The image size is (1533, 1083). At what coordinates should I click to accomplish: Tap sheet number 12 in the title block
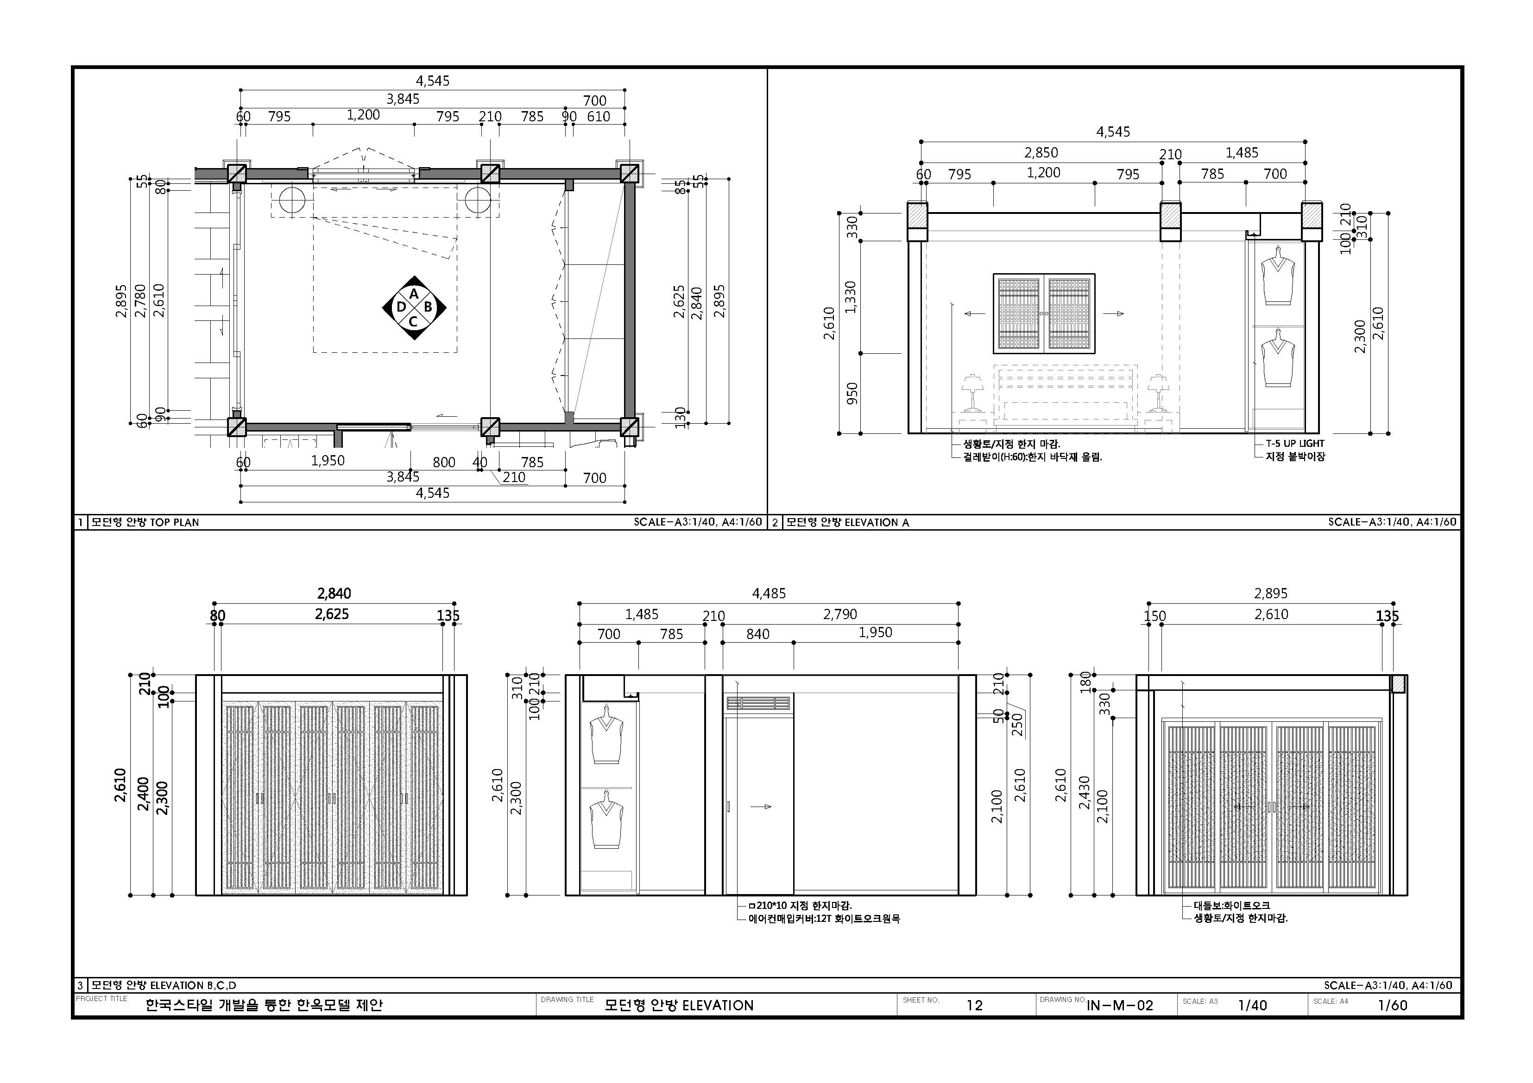974,1005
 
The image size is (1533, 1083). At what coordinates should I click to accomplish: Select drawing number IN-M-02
1120,1005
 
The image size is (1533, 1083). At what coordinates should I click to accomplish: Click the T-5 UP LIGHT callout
1294,443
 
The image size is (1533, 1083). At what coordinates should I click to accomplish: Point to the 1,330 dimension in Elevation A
851,296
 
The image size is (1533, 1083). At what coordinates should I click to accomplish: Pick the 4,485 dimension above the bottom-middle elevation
769,593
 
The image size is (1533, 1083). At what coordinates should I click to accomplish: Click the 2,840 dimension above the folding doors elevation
334,593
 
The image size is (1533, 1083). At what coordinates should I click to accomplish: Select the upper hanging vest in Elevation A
1278,276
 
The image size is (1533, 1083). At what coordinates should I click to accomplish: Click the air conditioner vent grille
758,703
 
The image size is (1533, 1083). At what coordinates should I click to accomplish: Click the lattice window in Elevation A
1044,313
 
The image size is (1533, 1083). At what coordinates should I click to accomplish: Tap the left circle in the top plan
292,201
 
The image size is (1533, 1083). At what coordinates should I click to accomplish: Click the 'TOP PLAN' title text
174,522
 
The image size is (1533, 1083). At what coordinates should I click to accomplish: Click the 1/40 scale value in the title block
1252,1005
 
